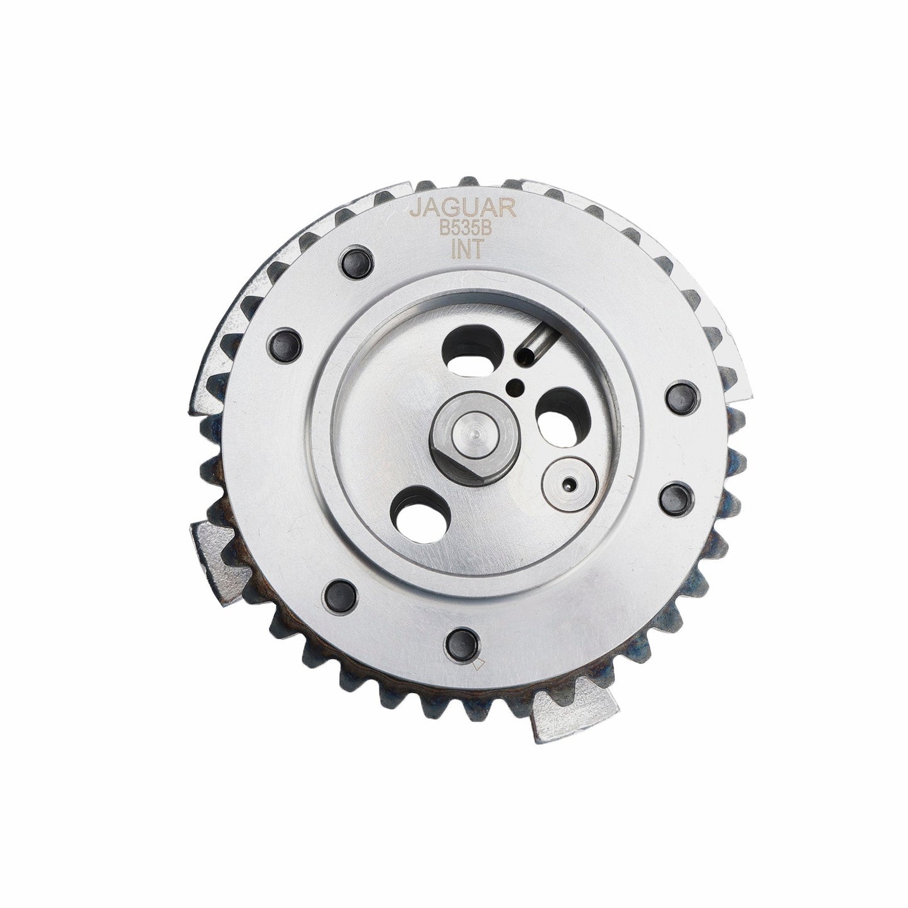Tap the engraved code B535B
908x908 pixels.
[x=464, y=230]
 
